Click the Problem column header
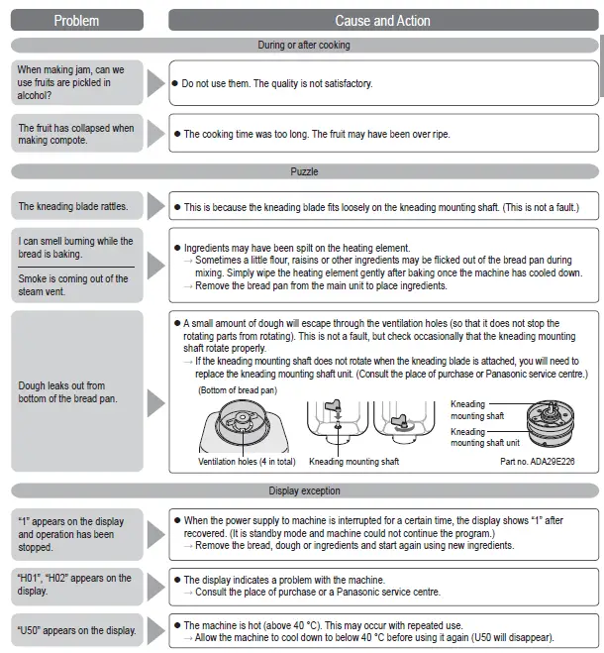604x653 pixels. tap(76, 20)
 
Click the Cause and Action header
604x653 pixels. tap(382, 20)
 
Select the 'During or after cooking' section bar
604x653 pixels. tap(304, 46)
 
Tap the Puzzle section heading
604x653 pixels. tap(304, 171)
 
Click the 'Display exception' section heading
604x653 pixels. tap(304, 490)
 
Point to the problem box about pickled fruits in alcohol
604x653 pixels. tap(77, 83)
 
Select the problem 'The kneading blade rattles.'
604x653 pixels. tap(77, 207)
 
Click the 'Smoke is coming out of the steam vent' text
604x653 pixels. tap(73, 285)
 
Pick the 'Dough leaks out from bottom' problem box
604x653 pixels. tap(77, 391)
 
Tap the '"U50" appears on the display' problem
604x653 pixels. tap(77, 631)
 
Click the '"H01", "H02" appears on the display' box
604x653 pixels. tap(77, 585)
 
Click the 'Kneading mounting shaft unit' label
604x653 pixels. tap(482, 437)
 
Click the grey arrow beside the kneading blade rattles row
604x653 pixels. tap(155, 207)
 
